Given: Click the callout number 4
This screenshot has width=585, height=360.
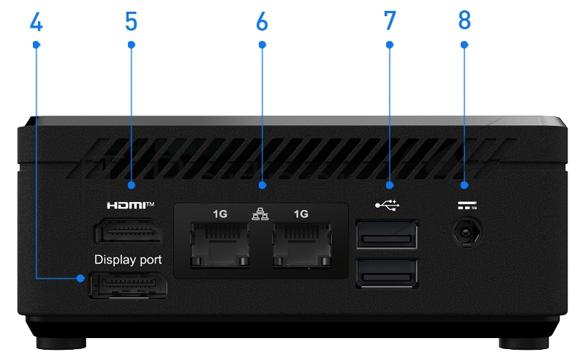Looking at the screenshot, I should pyautogui.click(x=36, y=22).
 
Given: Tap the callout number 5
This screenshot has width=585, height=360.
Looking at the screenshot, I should pyautogui.click(x=131, y=22).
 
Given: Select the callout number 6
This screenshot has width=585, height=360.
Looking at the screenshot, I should pyautogui.click(x=262, y=22).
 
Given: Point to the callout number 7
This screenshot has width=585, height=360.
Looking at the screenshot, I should pyautogui.click(x=389, y=22).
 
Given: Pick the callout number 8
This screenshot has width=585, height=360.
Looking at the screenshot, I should pyautogui.click(x=464, y=22).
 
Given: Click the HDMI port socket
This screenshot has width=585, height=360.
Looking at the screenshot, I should pyautogui.click(x=128, y=233).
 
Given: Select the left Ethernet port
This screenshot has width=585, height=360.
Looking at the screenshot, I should pyautogui.click(x=219, y=245).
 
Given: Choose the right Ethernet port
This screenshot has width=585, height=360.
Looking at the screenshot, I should pyautogui.click(x=301, y=245).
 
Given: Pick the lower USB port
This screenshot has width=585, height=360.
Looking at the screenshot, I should pyautogui.click(x=387, y=274).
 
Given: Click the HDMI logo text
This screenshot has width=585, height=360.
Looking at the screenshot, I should pyautogui.click(x=130, y=206).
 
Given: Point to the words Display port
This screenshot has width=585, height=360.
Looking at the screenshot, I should pyautogui.click(x=128, y=260).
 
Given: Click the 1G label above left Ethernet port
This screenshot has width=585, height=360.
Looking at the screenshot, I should pyautogui.click(x=219, y=214).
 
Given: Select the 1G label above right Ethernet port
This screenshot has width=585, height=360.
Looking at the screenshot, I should pyautogui.click(x=301, y=214).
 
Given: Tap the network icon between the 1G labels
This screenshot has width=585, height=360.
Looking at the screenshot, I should pyautogui.click(x=260, y=214).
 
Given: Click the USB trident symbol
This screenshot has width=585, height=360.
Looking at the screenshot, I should pyautogui.click(x=387, y=205).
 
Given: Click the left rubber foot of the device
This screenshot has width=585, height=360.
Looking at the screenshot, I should pyautogui.click(x=64, y=342).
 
